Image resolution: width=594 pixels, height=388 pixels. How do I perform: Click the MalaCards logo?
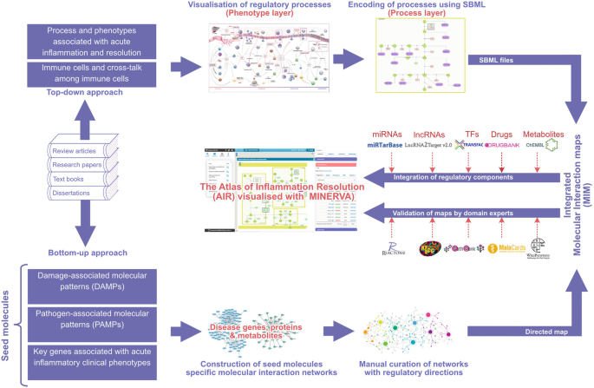pos(506,248)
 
